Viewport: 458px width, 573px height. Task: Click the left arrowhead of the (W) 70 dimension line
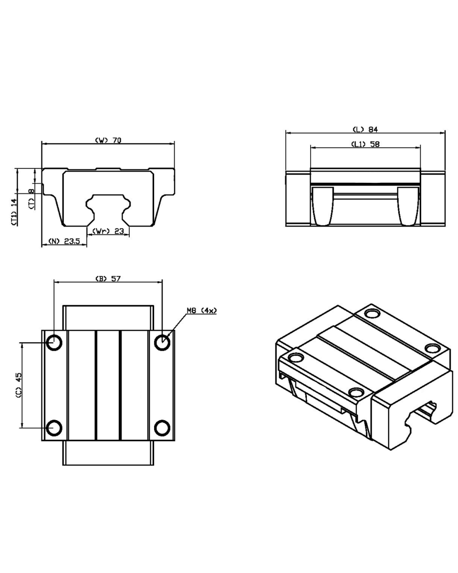pyautogui.click(x=44, y=144)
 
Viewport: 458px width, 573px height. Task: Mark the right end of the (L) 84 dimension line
pyautogui.click(x=445, y=133)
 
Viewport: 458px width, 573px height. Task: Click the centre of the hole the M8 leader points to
pyautogui.click(x=162, y=342)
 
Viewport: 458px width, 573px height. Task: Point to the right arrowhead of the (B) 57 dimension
pyautogui.click(x=160, y=282)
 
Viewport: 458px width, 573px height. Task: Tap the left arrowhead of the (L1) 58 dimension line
pyautogui.click(x=313, y=148)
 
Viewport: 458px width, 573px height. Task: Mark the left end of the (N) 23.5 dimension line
pyautogui.click(x=42, y=244)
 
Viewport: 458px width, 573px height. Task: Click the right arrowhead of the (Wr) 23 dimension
pyautogui.click(x=127, y=234)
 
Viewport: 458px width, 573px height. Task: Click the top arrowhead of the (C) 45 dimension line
pyautogui.click(x=22, y=345)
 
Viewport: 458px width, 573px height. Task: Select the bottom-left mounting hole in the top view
pyautogui.click(x=54, y=428)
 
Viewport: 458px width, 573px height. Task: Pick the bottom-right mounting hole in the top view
pyautogui.click(x=162, y=428)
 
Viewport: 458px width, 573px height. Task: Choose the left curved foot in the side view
pyautogui.click(x=323, y=206)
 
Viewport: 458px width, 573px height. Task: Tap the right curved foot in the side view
pyautogui.click(x=408, y=206)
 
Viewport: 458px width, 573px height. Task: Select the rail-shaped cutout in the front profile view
pyautogui.click(x=108, y=210)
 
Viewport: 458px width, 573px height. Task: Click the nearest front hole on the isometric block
pyautogui.click(x=356, y=393)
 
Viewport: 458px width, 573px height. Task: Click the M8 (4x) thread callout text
pyautogui.click(x=201, y=310)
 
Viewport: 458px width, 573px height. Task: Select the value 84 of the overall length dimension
pyautogui.click(x=373, y=130)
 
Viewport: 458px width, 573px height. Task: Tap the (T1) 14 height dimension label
pyautogui.click(x=14, y=212)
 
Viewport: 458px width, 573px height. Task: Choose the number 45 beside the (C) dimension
pyautogui.click(x=19, y=377)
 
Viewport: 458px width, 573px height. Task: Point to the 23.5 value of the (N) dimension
pyautogui.click(x=72, y=241)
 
